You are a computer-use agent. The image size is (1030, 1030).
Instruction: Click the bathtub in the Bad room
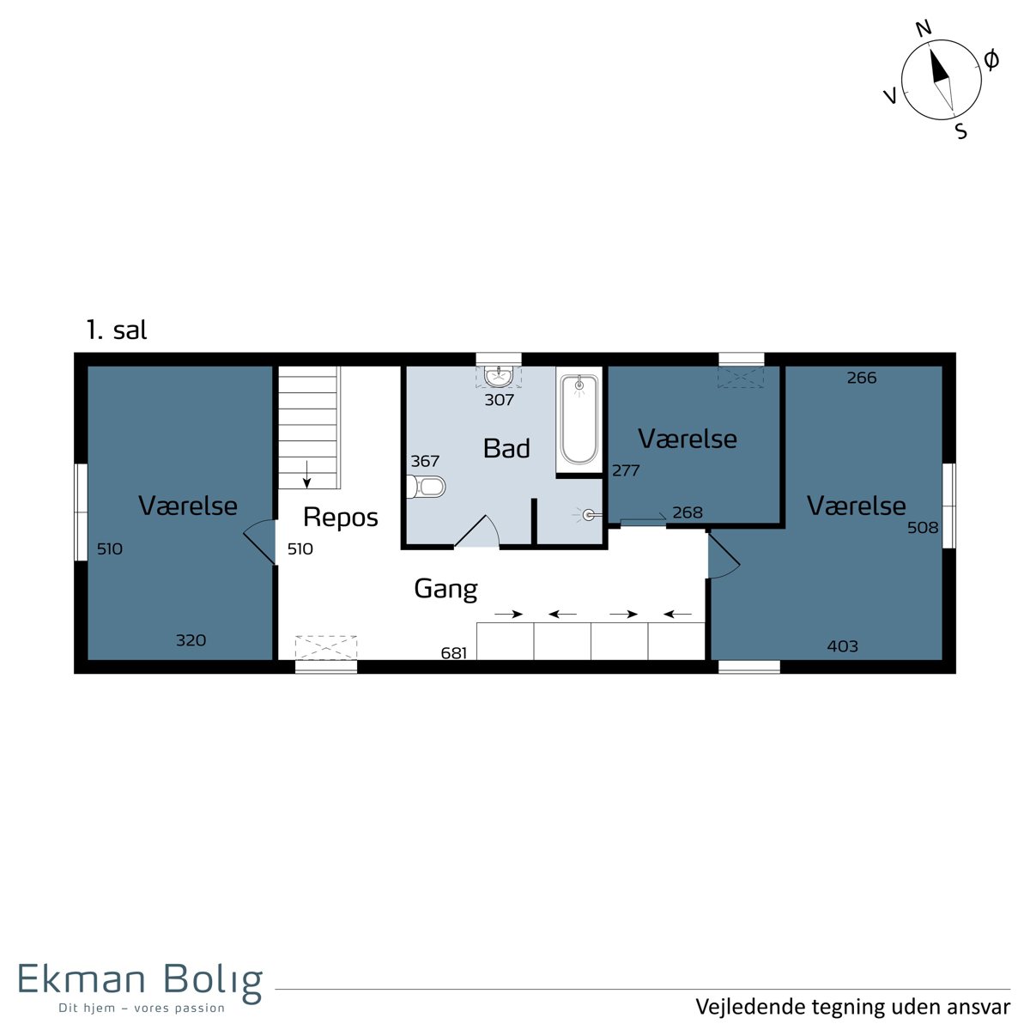point(579,420)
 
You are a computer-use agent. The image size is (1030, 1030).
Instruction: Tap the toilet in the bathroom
point(426,487)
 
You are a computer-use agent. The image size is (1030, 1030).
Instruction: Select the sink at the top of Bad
point(499,376)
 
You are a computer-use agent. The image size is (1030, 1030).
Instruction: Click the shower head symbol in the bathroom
point(588,515)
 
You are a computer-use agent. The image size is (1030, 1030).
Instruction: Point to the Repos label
point(341,517)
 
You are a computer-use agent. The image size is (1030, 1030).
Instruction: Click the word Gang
point(445,589)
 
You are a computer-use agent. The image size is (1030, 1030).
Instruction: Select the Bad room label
point(506,448)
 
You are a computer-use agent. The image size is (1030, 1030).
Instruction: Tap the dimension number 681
point(454,652)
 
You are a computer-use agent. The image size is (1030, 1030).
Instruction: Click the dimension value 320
point(191,639)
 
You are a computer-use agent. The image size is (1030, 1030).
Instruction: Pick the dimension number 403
point(842,646)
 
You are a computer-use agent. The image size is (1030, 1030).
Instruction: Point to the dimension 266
point(862,378)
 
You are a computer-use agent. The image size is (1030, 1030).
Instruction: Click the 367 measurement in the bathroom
point(425,461)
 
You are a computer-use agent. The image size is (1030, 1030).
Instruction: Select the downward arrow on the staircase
point(306,475)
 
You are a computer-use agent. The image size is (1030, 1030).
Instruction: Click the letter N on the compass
point(924,28)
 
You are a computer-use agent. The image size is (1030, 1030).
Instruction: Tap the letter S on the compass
point(961,131)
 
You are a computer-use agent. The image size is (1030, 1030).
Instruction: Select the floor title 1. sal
point(117,330)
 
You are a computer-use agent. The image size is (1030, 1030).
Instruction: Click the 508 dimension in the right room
point(923,528)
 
